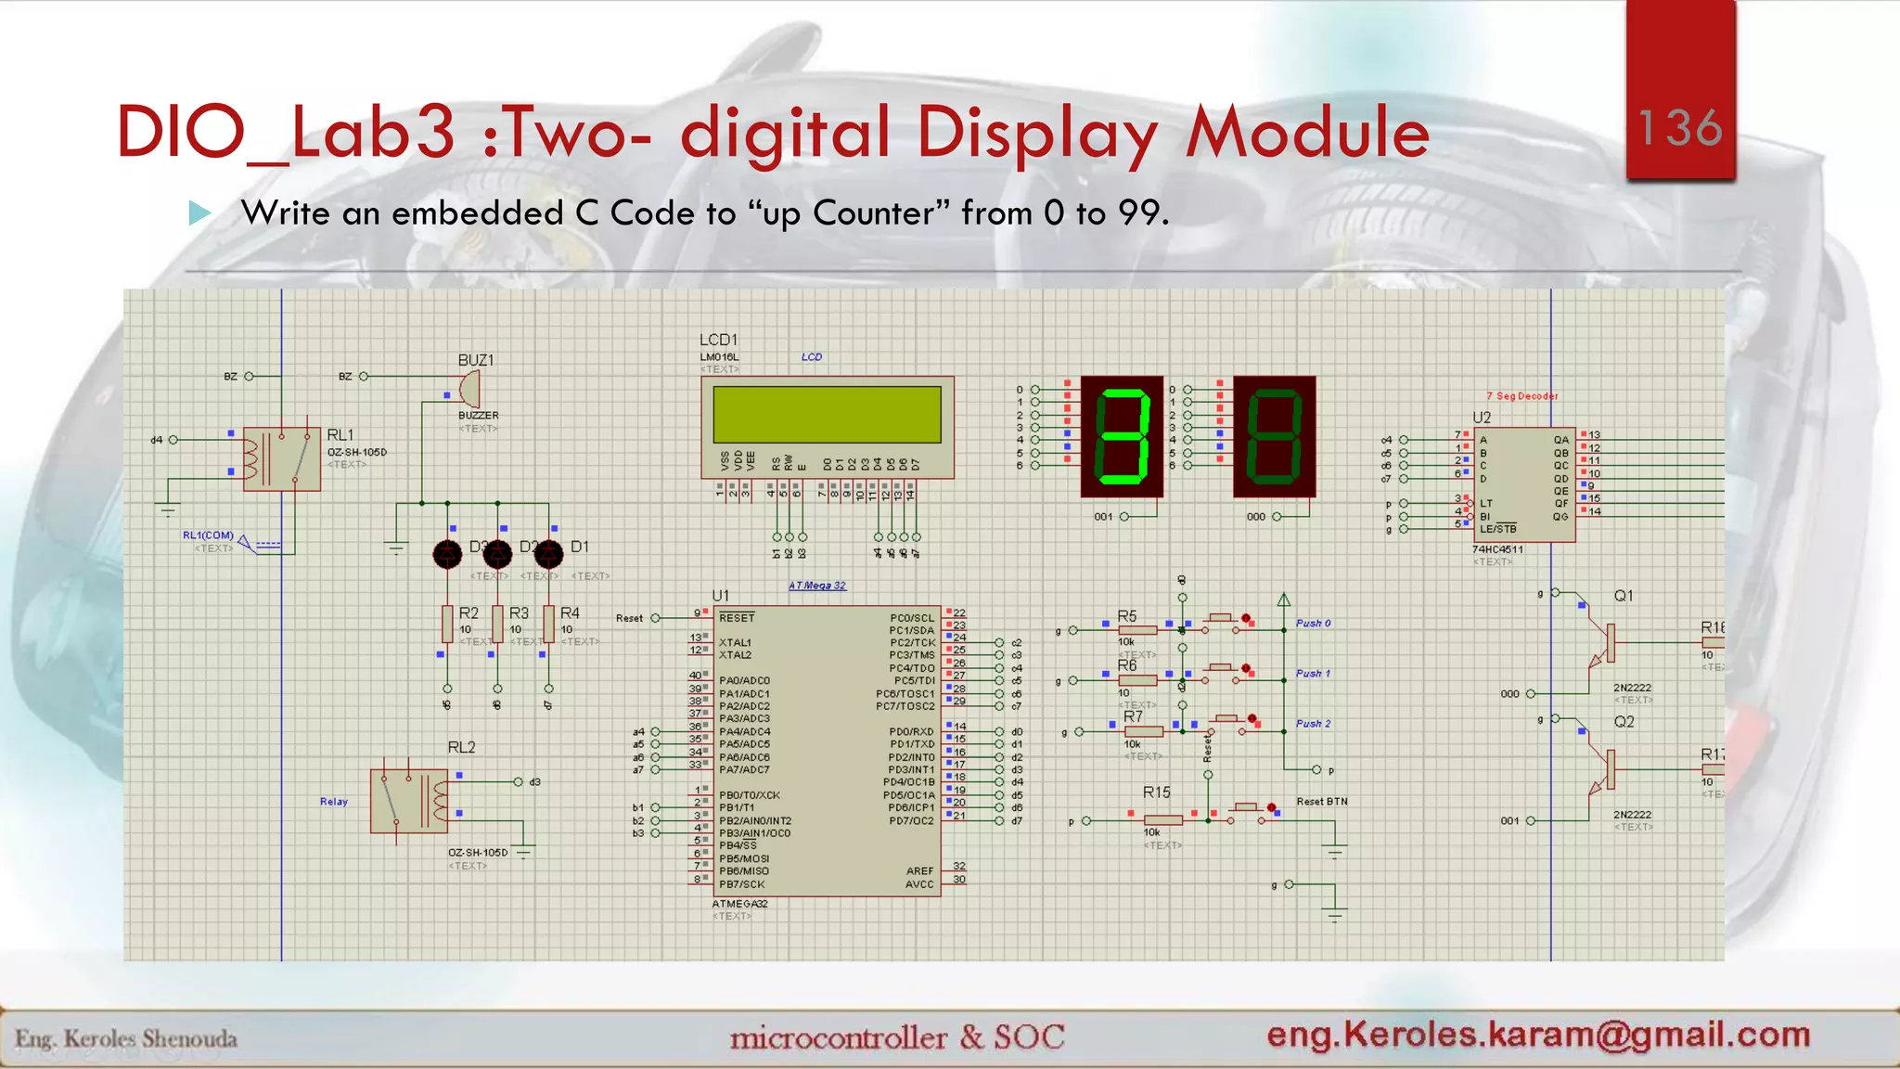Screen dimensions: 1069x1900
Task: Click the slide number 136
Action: click(1680, 127)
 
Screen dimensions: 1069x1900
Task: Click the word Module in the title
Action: click(1308, 133)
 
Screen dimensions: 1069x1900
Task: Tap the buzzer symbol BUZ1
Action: click(470, 388)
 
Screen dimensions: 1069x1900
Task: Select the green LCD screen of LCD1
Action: click(827, 414)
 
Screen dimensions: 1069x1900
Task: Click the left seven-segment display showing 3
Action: click(1122, 436)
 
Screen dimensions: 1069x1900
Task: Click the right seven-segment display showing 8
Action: click(1274, 436)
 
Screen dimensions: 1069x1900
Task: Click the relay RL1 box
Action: click(281, 458)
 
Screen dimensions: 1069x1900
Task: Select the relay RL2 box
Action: click(409, 800)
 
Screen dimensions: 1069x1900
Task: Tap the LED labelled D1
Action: click(549, 554)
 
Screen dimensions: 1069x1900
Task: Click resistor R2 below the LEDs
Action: click(447, 624)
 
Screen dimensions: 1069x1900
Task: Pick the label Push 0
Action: click(1313, 624)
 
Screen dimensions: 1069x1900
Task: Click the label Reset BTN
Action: click(1322, 802)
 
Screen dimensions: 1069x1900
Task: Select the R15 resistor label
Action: click(1156, 792)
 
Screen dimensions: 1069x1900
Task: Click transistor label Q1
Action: click(1623, 596)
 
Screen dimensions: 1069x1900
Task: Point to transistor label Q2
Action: click(1623, 722)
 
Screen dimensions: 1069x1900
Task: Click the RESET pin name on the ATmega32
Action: click(737, 618)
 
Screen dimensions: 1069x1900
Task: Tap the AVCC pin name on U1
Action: click(919, 884)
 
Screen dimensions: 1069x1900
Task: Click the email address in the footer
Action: click(1538, 1035)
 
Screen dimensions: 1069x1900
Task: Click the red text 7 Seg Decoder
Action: click(1521, 396)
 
